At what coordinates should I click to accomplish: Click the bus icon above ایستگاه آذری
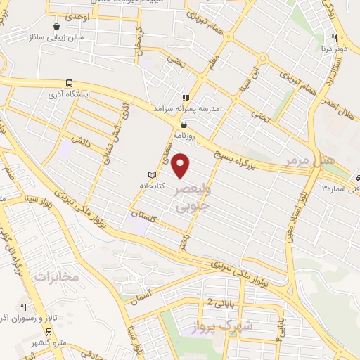(x=69, y=83)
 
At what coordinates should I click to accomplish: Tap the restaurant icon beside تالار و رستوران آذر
(x=24, y=307)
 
